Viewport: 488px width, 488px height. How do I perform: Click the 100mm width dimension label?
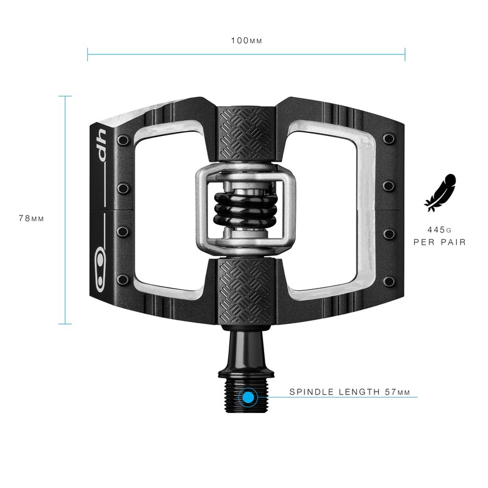tap(246, 41)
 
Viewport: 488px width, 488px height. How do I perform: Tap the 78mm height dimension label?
tap(31, 218)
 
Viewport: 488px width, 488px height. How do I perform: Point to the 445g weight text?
tap(439, 230)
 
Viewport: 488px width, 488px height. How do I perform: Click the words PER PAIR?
tap(439, 242)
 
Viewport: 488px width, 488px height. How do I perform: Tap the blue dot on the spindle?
tap(248, 398)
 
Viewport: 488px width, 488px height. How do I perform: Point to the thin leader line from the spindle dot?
tap(342, 398)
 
